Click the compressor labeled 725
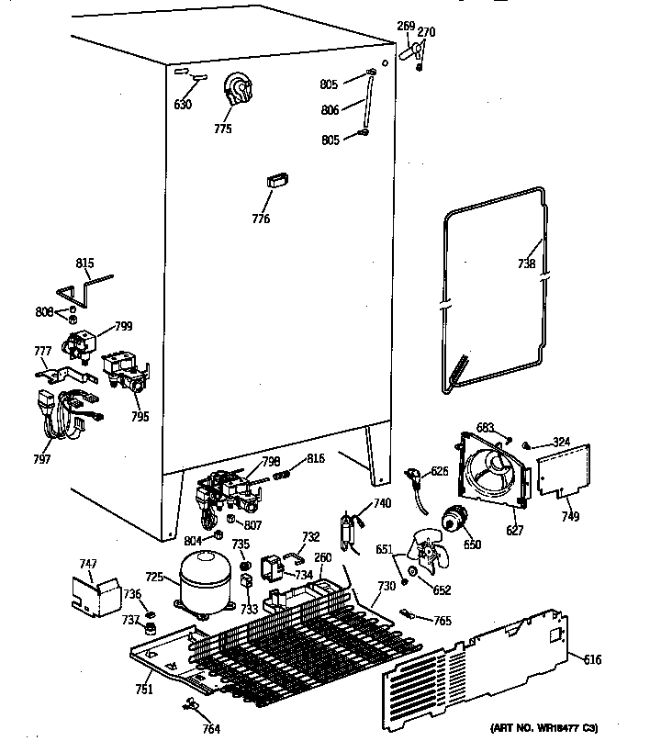[204, 579]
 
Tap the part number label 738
[525, 264]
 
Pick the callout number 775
[223, 129]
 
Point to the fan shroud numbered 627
[496, 473]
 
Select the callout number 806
[330, 110]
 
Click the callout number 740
[382, 503]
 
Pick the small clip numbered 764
[191, 704]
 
